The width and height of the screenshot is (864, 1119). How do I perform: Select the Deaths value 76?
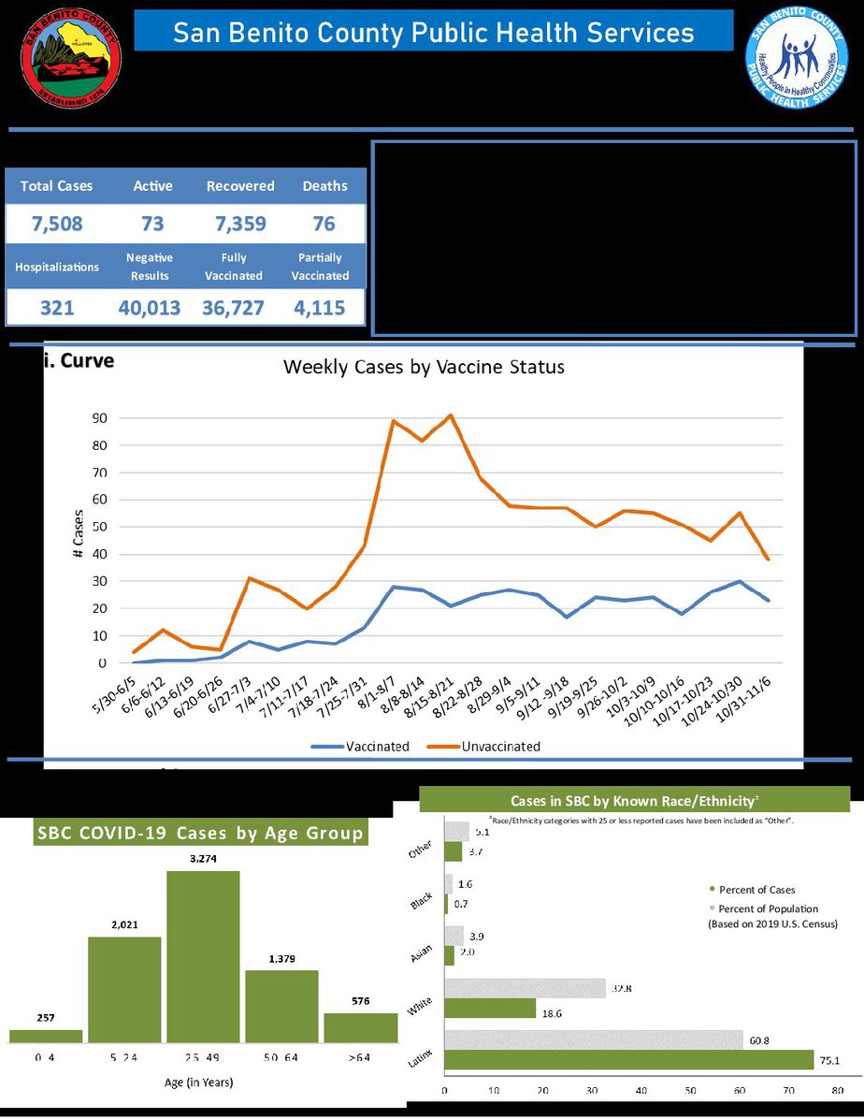pos(324,225)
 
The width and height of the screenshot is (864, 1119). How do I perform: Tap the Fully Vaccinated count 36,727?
pos(234,308)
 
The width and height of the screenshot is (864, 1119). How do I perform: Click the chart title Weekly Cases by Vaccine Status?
pos(424,368)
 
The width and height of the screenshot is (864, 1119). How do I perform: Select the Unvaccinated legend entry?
pos(486,747)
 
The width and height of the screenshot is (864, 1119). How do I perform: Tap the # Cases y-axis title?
pos(78,535)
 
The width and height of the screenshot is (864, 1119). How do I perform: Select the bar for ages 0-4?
pos(46,1036)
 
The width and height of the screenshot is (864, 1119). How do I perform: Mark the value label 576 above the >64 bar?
pos(360,1000)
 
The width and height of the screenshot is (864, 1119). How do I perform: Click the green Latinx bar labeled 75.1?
pos(629,1059)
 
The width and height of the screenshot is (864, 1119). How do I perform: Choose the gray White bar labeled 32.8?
pos(525,988)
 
